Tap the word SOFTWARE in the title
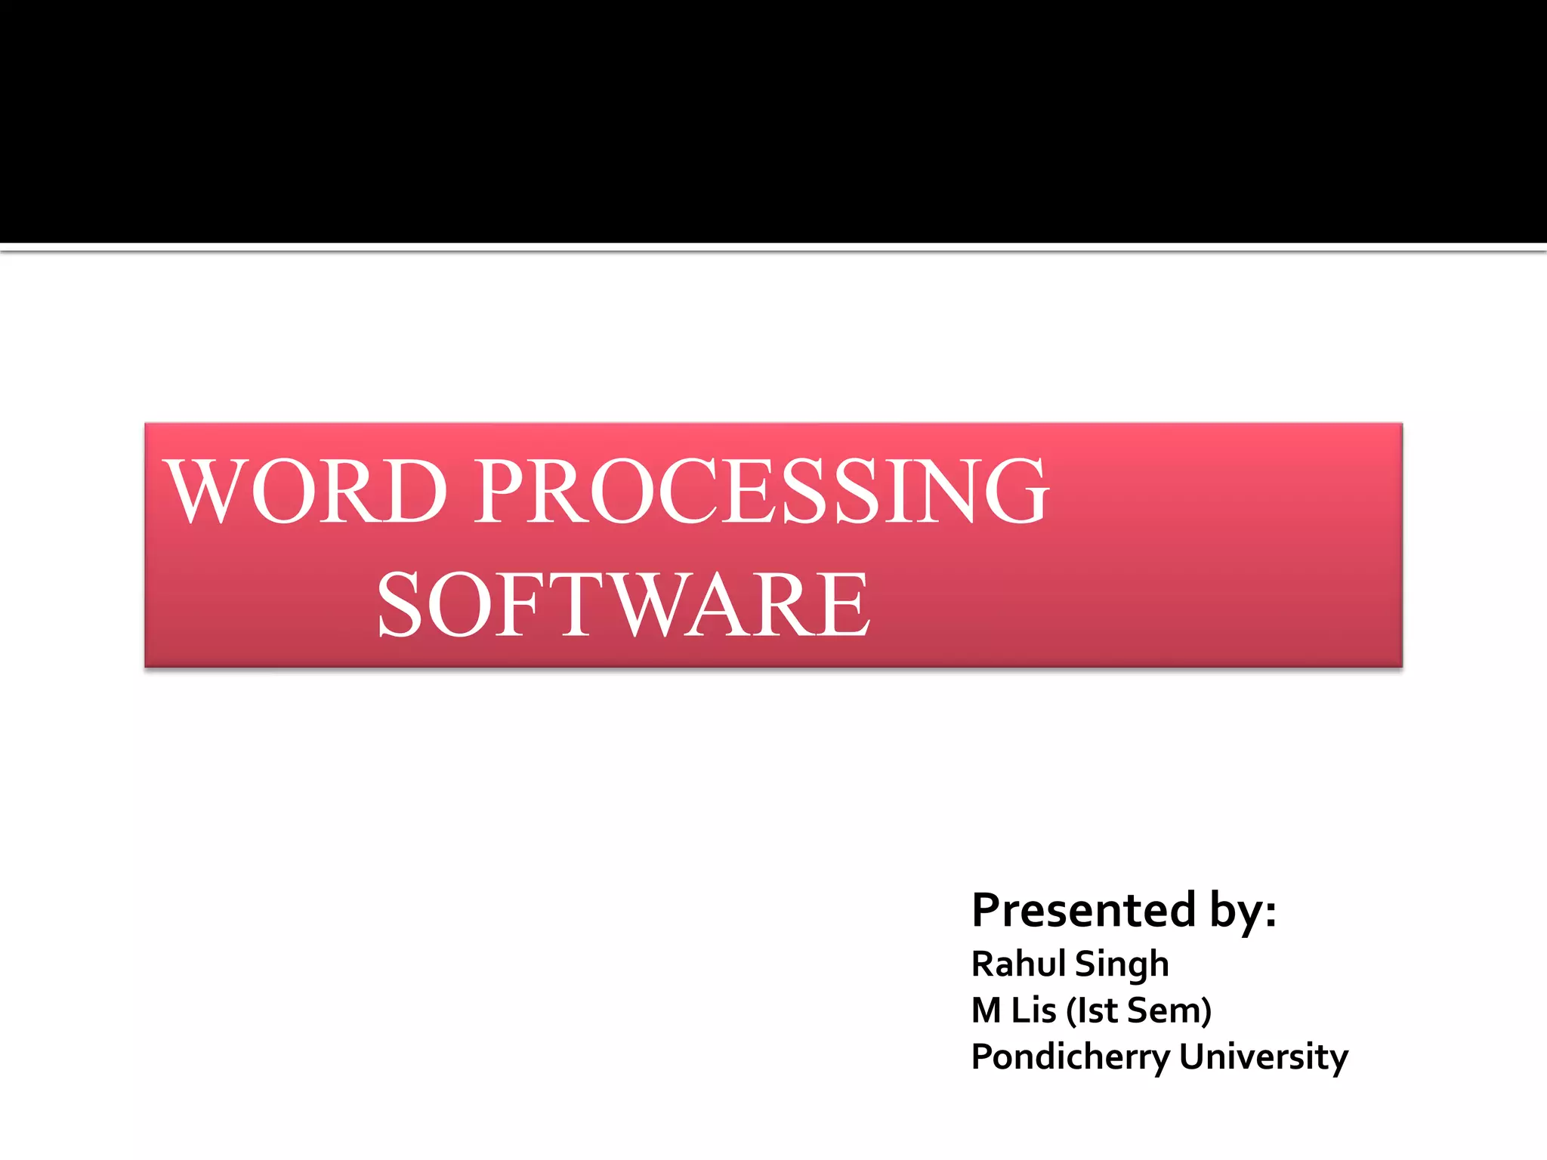point(624,604)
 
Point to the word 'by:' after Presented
point(1243,910)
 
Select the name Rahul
point(1018,964)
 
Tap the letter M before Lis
point(987,1010)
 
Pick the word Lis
point(1033,1010)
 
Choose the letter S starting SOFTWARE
point(399,604)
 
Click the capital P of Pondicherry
point(981,1056)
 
